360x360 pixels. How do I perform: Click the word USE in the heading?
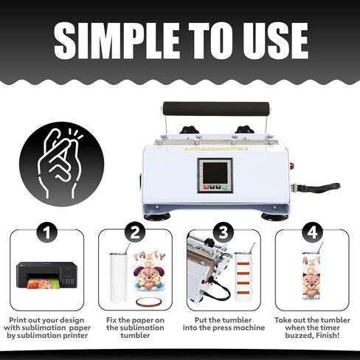[274, 41]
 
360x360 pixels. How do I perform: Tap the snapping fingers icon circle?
[62, 164]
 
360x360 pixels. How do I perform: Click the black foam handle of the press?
[213, 108]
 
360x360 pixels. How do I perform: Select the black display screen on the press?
[215, 173]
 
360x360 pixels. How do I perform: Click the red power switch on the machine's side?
[292, 166]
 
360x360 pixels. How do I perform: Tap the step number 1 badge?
[46, 232]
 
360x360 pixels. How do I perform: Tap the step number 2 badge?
[135, 232]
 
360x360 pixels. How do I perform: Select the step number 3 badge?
[224, 232]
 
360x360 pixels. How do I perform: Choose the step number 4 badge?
[312, 232]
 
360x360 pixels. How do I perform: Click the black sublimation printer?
[46, 275]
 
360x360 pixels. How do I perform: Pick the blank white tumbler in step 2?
[119, 278]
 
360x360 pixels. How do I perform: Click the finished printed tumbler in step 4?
[311, 277]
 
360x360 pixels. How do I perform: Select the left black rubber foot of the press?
[157, 217]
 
